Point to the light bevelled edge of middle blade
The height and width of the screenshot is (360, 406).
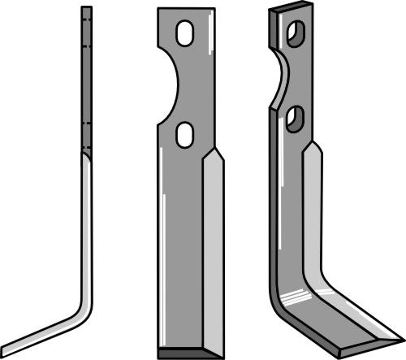212,244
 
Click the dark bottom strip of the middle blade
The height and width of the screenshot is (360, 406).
188,353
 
